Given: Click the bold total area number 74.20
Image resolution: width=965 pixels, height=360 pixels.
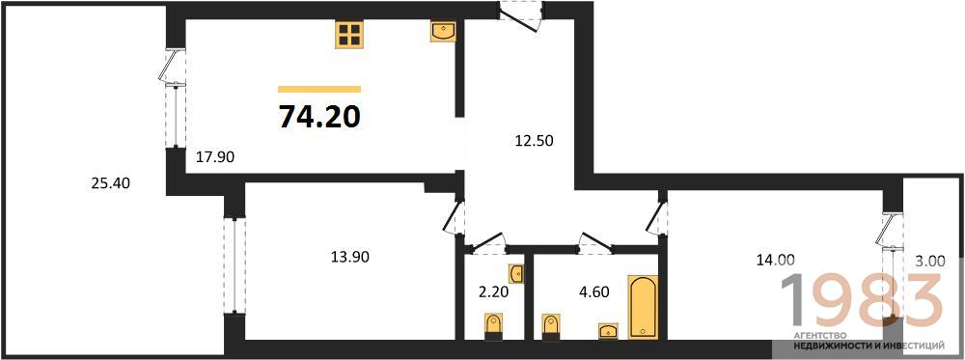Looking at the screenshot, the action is pos(319,117).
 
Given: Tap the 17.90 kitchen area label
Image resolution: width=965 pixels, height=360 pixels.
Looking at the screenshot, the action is pos(215,157).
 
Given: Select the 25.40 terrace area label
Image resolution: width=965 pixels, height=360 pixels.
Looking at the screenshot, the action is pos(111,182).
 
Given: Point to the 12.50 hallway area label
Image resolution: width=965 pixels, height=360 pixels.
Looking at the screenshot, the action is pos(535,141).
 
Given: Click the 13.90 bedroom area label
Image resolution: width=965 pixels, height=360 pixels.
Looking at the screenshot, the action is pos(349,257).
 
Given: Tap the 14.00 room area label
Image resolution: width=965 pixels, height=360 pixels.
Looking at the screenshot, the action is pos(776,261).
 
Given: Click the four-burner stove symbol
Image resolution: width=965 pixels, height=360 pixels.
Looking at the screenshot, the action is pos(349,34).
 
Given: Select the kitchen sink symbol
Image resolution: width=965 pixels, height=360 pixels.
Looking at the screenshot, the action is pos(443,32).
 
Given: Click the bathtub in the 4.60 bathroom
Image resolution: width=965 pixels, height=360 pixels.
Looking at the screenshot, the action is pos(643,307).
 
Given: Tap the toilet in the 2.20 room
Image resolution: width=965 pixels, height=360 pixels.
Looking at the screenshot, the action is pos(493,326).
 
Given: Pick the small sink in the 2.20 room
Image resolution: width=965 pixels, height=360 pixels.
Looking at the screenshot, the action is pos(517,272).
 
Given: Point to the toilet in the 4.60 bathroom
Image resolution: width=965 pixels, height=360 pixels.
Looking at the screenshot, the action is pos(551,326).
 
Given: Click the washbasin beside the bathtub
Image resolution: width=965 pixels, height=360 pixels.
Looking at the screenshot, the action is pos(609,330).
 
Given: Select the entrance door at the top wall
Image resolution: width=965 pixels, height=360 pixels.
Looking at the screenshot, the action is pos(521,16).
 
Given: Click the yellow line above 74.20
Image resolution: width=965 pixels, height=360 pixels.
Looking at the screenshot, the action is pos(319,89).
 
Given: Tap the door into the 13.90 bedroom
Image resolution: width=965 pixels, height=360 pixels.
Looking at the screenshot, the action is pos(454,217).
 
